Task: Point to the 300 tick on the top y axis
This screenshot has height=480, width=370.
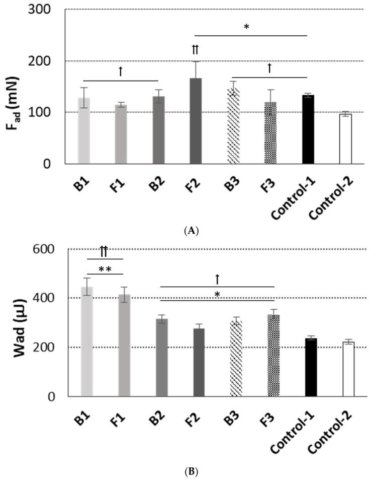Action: coord(47,10)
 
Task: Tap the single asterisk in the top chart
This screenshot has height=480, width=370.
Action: coord(246,28)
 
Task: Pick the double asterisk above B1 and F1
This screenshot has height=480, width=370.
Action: coord(105,268)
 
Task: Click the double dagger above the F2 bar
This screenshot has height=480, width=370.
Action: coord(196,49)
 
